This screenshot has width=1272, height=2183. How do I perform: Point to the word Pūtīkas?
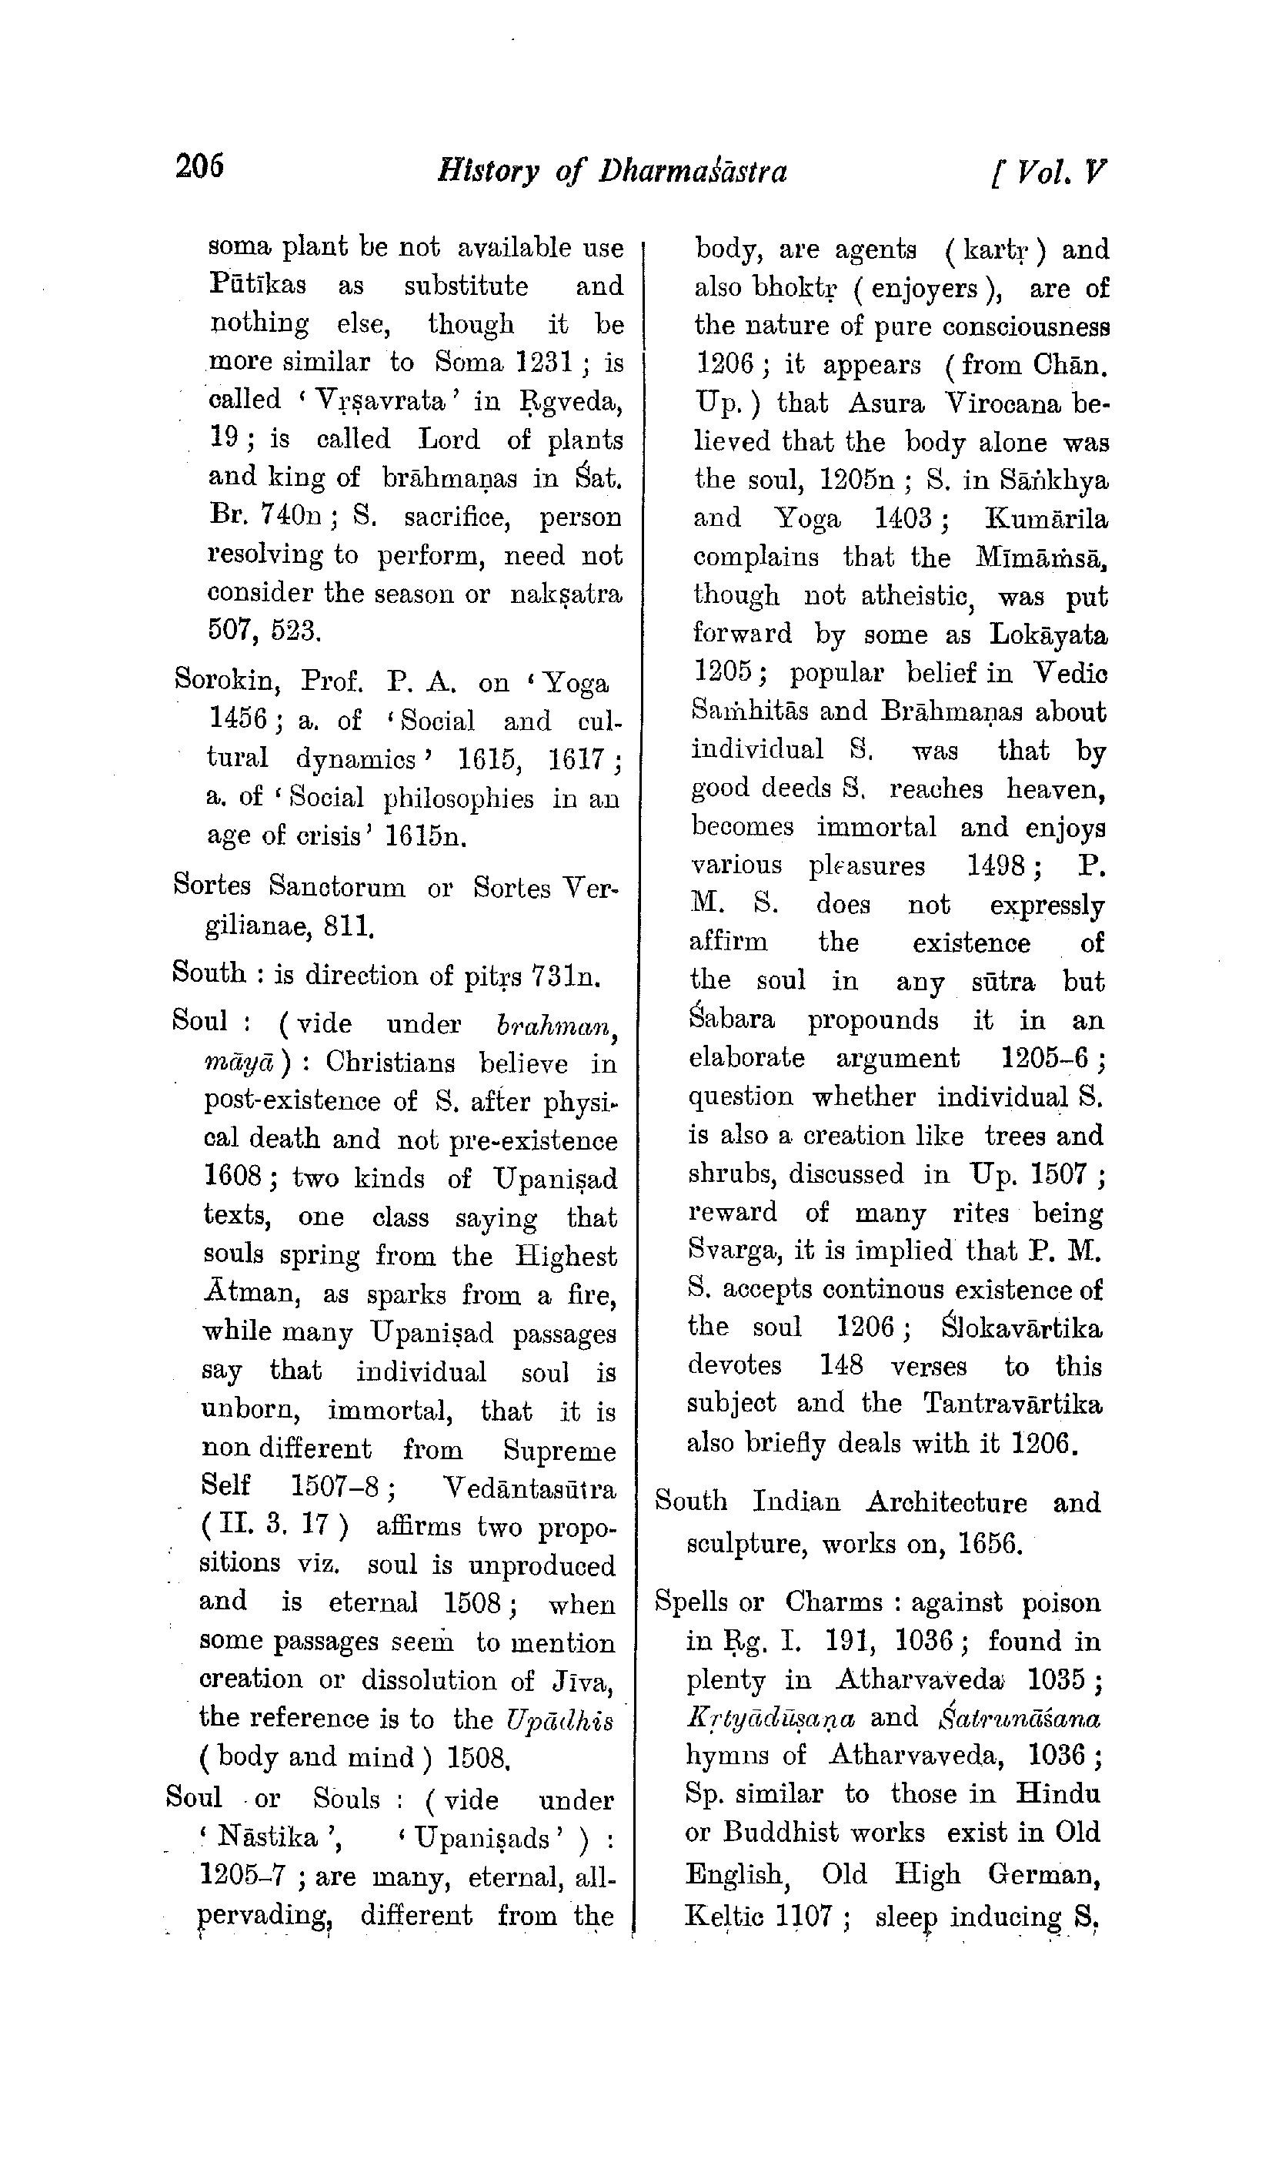pos(257,285)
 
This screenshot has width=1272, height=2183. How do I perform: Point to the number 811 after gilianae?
pos(348,928)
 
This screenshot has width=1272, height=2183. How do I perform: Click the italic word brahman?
pos(555,1025)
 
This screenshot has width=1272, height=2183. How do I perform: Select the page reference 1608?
pos(233,1177)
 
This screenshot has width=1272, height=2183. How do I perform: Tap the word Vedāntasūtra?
pos(529,1488)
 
